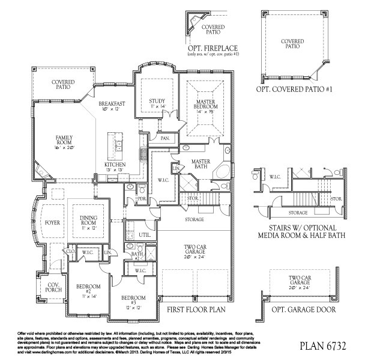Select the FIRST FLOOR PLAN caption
coord(196,310)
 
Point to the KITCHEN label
coord(116,165)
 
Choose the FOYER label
coord(52,222)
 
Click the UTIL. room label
coord(143,234)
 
